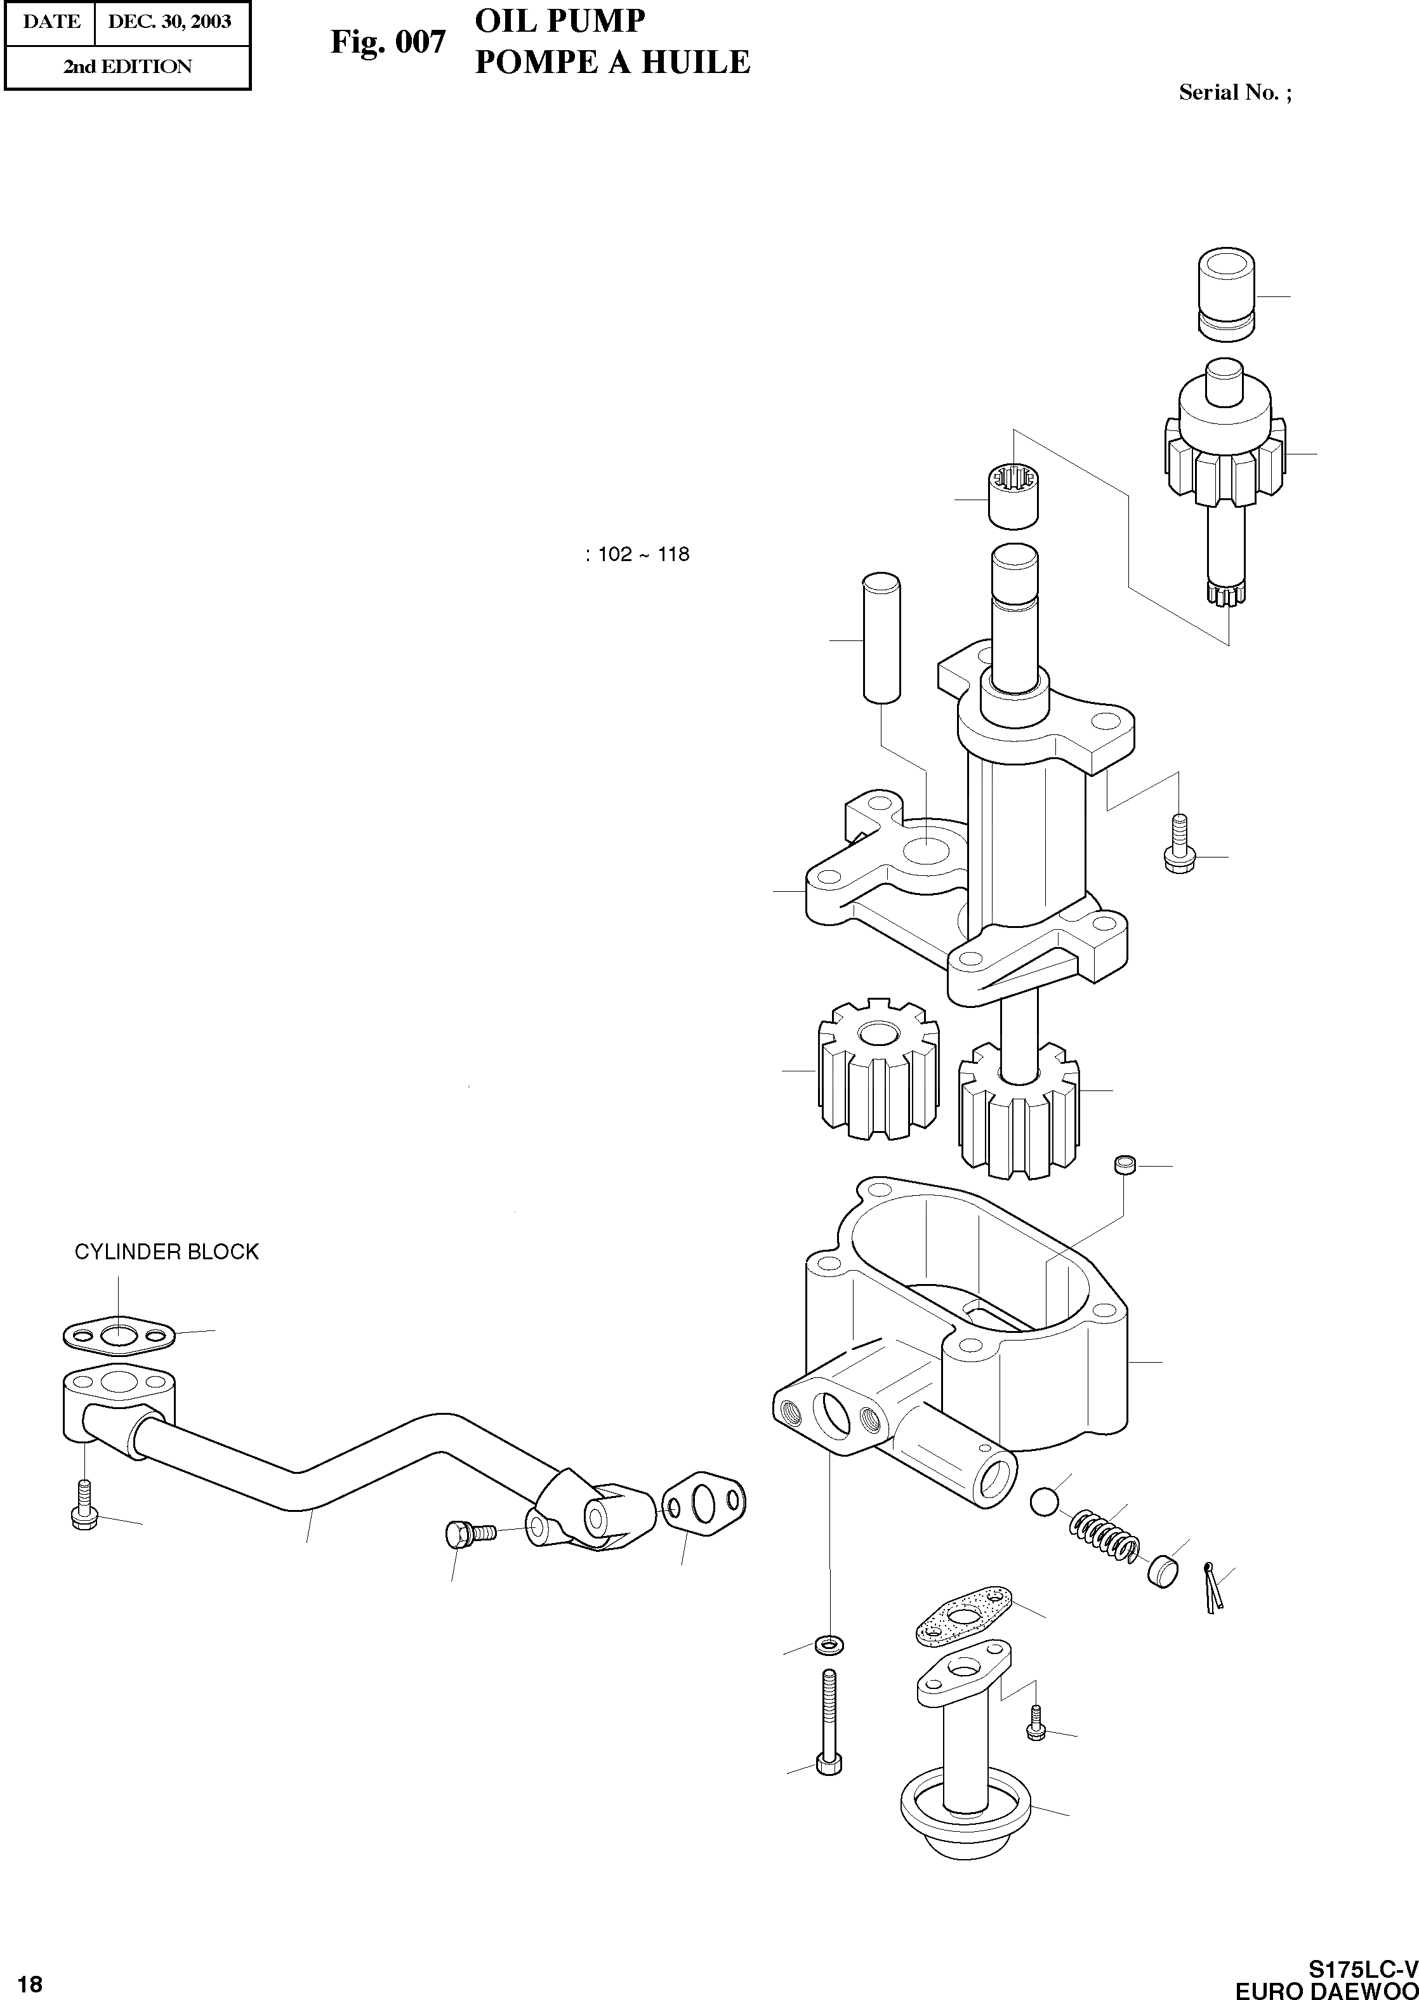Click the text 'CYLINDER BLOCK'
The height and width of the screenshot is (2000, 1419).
tap(166, 1252)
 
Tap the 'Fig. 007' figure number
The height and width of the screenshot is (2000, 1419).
tap(387, 41)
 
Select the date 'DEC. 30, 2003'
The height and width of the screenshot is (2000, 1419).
tap(169, 21)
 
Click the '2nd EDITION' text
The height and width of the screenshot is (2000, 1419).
tap(127, 67)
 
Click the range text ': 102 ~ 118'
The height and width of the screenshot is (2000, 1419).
tap(637, 554)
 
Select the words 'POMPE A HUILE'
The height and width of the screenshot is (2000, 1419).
tap(612, 62)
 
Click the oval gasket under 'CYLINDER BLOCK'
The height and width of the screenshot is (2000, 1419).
tap(119, 1335)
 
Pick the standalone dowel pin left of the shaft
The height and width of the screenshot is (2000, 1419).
tap(881, 637)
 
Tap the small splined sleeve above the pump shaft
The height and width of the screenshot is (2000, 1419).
tap(1013, 496)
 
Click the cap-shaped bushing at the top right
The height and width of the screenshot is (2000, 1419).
tap(1226, 293)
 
